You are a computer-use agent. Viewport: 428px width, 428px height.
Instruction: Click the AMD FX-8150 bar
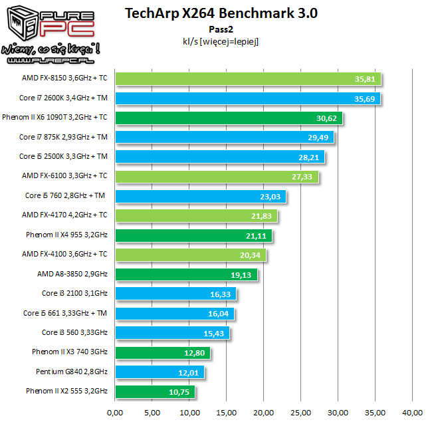point(249,79)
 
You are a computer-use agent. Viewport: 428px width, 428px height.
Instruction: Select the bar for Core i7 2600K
point(249,98)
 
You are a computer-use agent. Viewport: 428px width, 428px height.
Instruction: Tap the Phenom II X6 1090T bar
point(229,118)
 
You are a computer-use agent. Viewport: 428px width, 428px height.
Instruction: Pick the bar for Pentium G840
point(160,372)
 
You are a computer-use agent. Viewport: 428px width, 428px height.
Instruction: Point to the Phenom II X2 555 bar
point(156,391)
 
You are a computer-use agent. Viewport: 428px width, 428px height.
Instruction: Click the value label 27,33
point(306,177)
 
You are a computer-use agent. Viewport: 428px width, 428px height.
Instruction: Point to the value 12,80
point(197,353)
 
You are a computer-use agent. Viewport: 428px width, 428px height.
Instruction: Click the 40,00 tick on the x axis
point(413,412)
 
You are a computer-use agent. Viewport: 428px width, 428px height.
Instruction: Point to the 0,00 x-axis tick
point(115,412)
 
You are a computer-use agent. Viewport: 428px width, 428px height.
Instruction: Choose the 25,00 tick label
point(301,412)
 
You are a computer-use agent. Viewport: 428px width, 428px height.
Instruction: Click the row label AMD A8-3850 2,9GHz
point(72,274)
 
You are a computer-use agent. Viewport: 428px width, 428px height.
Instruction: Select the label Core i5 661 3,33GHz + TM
point(65,313)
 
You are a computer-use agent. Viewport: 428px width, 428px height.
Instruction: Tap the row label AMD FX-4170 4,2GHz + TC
point(64,215)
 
